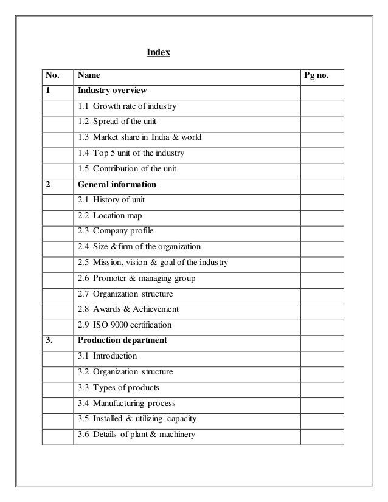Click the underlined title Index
coord(158,53)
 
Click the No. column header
coord(52,76)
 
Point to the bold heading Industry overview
coord(112,91)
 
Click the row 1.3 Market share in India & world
coord(139,137)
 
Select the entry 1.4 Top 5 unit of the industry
coord(130,153)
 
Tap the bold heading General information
coord(117,184)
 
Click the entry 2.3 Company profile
coord(116,231)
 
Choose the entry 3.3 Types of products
coord(119,387)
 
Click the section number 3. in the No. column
coord(49,340)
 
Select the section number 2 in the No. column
coord(47,184)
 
